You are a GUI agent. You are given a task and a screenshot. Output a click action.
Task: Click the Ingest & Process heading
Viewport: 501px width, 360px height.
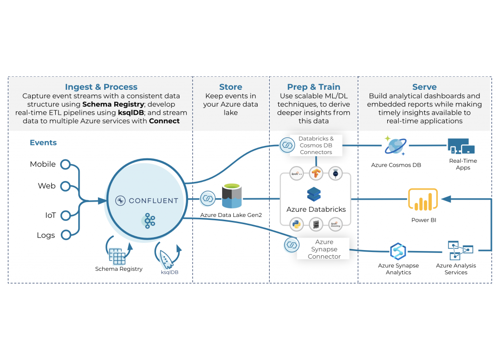(101, 87)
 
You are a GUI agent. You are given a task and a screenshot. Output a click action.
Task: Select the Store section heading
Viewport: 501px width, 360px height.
(230, 87)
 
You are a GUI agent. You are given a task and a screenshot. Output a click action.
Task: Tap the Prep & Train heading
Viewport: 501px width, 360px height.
(313, 87)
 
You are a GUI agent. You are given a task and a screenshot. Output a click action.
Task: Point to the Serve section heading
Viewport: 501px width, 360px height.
(424, 87)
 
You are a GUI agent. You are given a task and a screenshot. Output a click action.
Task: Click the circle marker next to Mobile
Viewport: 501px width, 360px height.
(65, 164)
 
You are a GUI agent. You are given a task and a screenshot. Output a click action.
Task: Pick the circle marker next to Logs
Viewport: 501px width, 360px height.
(65, 235)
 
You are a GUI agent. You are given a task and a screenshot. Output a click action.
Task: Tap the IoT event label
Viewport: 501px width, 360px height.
(50, 215)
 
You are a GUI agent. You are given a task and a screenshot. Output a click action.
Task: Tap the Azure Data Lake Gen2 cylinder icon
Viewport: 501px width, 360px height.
(232, 197)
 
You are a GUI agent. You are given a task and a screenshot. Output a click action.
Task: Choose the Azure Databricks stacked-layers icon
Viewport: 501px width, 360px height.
(313, 194)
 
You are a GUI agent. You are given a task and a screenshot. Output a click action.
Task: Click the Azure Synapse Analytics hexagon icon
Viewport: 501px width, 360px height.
(398, 251)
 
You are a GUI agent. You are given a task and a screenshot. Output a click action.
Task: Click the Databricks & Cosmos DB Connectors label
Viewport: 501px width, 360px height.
(316, 145)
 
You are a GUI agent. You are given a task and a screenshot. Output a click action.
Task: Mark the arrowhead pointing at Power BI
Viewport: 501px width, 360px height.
(445, 198)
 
